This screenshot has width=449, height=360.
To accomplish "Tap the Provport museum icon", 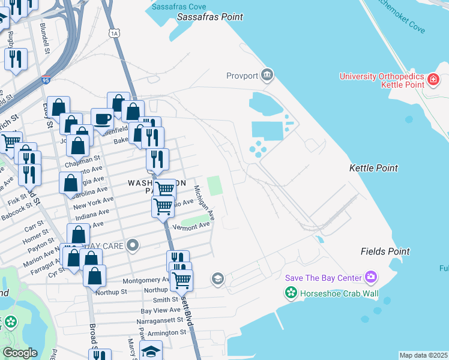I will point(268,76).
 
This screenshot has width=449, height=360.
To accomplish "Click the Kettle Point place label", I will point(373,169).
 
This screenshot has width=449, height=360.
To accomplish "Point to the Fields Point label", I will point(385,251).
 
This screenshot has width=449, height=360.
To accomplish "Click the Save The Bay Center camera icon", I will point(371,277).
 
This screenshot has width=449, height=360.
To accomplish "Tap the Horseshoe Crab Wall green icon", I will point(291,293).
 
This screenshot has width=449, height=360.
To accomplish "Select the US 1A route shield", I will point(114,34).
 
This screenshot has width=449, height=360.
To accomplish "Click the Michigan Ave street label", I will point(204,202).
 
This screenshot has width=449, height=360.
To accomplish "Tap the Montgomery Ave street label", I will point(146,280).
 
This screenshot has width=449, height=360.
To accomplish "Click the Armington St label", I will point(163,333).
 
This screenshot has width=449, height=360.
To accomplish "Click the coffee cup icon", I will point(102,118).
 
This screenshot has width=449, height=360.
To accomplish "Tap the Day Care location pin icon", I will point(133,245).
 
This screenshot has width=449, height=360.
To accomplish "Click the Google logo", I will point(20,353).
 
